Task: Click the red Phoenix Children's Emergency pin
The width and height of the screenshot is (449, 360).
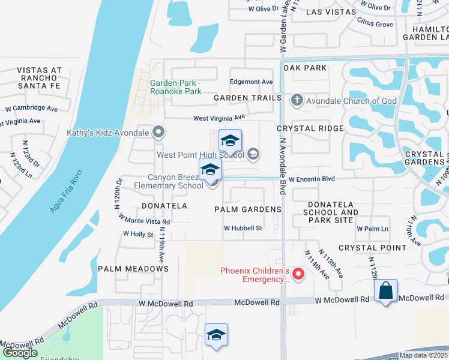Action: [298, 275]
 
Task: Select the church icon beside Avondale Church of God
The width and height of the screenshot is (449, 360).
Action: [297, 100]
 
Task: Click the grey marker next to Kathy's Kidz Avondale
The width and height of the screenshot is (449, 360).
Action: [158, 131]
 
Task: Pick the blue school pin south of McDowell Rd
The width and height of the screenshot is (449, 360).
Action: [216, 335]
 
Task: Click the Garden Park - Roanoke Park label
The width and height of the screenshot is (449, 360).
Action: [176, 88]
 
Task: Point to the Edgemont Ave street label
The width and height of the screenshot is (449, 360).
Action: [252, 82]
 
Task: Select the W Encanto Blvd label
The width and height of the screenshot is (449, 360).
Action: [311, 179]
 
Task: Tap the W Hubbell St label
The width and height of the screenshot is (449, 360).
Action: [243, 228]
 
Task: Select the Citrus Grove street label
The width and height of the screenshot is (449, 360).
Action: [375, 25]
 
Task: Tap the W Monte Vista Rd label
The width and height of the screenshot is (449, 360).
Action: [145, 219]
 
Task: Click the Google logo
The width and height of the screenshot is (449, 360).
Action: [20, 353]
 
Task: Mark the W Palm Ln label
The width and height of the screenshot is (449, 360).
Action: [372, 229]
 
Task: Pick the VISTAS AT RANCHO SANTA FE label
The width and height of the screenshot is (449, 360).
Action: [40, 78]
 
